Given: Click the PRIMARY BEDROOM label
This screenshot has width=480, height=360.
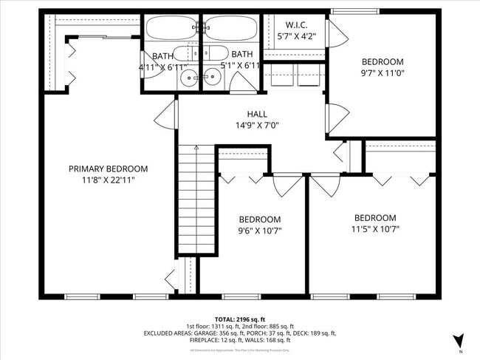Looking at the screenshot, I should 108,169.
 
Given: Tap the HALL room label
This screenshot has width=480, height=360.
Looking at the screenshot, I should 257,114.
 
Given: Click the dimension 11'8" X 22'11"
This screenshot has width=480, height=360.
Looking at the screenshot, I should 108,180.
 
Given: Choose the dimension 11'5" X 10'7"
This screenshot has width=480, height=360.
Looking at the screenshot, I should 375,230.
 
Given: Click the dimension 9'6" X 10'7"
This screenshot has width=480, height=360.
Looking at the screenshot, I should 259,231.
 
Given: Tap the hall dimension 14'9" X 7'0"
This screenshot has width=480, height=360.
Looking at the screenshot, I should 257,126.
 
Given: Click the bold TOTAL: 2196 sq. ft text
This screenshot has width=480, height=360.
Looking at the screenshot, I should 239,319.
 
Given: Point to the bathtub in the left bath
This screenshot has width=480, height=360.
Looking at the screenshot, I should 171,28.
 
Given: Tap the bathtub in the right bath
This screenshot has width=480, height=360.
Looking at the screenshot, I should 230,28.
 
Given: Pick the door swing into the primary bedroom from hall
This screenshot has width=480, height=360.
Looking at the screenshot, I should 166,116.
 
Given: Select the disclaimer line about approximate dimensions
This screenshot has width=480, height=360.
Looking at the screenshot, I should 239,350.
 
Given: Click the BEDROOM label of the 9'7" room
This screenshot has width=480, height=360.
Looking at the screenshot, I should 383,62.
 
